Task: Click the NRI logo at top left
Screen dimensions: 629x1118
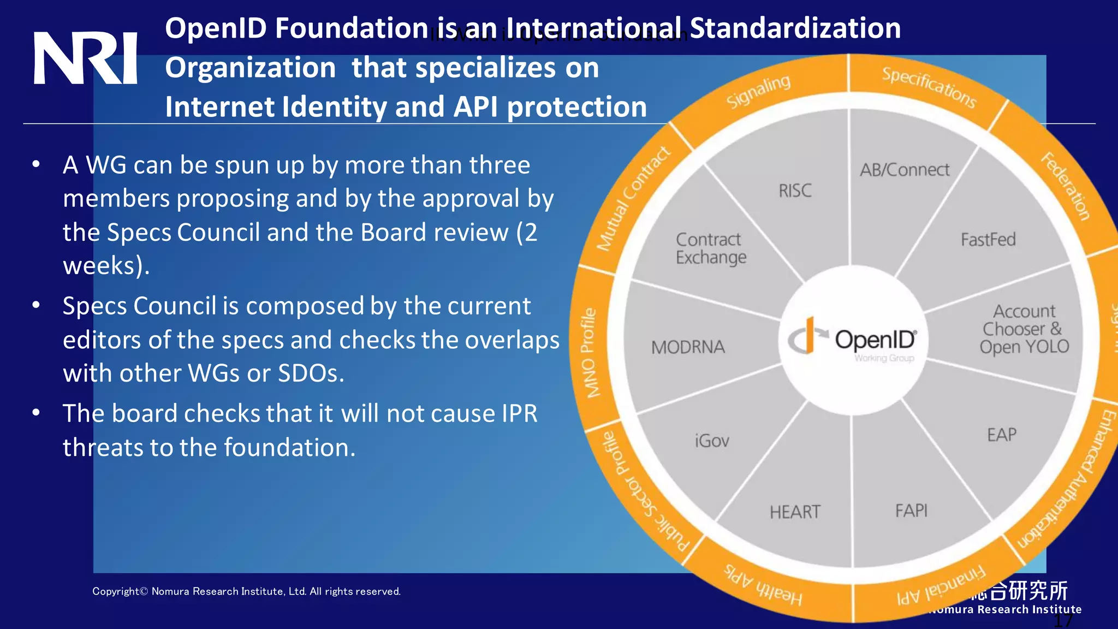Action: (x=85, y=58)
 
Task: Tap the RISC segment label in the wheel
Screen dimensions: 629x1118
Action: (x=795, y=191)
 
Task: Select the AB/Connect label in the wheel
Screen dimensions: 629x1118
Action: (x=905, y=170)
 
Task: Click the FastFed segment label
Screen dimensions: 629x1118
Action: (x=988, y=240)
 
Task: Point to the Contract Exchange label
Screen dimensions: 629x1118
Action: (x=710, y=248)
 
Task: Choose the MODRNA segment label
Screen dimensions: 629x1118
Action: (x=688, y=347)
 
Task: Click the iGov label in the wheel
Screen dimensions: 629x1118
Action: (x=712, y=441)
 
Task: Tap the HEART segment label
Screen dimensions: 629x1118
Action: (x=795, y=512)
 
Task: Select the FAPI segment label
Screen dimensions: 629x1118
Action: (x=911, y=511)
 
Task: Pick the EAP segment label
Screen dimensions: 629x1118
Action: (x=1002, y=435)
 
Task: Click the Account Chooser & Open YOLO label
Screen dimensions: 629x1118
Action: (x=1024, y=329)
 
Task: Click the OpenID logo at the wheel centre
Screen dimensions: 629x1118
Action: (x=852, y=340)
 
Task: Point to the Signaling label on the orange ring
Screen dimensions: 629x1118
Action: (x=758, y=91)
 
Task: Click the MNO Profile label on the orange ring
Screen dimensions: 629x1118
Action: (x=589, y=353)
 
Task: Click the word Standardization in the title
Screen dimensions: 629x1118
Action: (x=795, y=28)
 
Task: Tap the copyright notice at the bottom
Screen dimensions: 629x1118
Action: (x=246, y=591)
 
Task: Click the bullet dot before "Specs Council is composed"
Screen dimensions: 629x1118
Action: (x=36, y=305)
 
